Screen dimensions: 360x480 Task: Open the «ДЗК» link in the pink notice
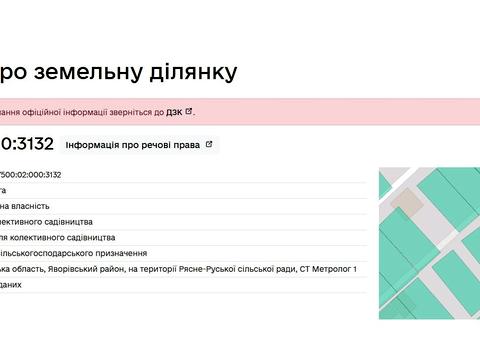point(174,111)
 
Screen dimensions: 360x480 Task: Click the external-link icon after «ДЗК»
point(190,111)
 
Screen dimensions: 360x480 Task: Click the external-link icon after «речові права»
point(209,144)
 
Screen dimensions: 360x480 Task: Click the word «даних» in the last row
point(10,285)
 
